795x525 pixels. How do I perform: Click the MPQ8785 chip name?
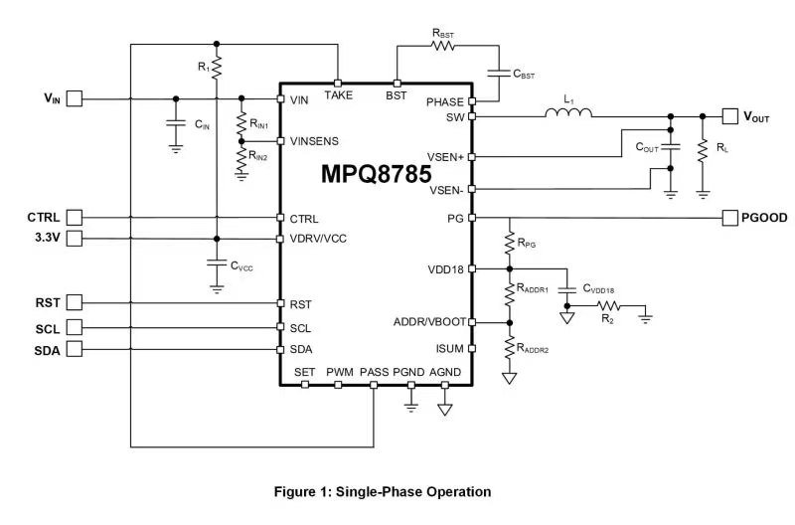(x=376, y=174)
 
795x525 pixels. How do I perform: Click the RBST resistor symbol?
(x=443, y=45)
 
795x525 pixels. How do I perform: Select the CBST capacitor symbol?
(x=494, y=73)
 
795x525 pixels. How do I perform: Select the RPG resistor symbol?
(x=509, y=242)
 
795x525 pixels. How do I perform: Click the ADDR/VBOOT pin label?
(x=429, y=321)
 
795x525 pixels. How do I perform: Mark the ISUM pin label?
(x=448, y=349)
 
